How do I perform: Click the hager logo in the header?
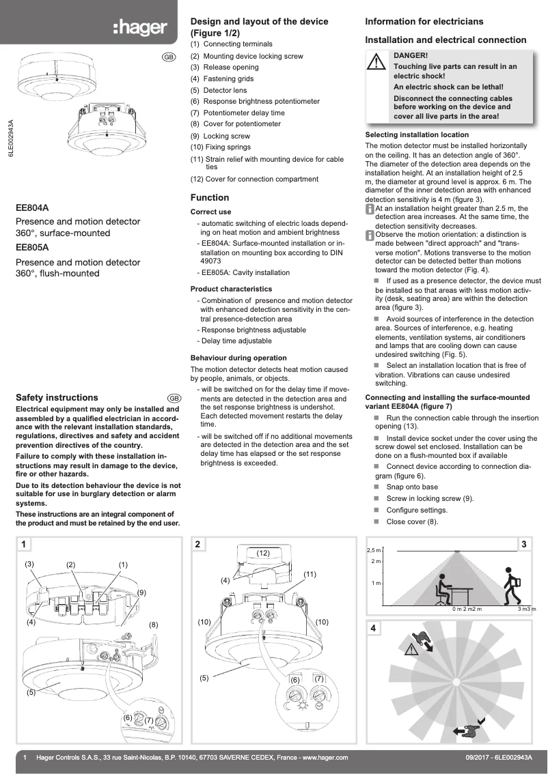point(140,27)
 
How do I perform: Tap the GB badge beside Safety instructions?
point(174,398)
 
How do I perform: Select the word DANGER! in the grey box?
point(411,55)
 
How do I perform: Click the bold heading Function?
point(210,198)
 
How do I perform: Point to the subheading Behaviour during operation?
point(238,358)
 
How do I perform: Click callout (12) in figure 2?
point(264,552)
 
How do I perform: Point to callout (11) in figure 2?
point(310,575)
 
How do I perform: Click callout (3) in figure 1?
point(29,564)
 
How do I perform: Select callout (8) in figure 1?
point(154,625)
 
